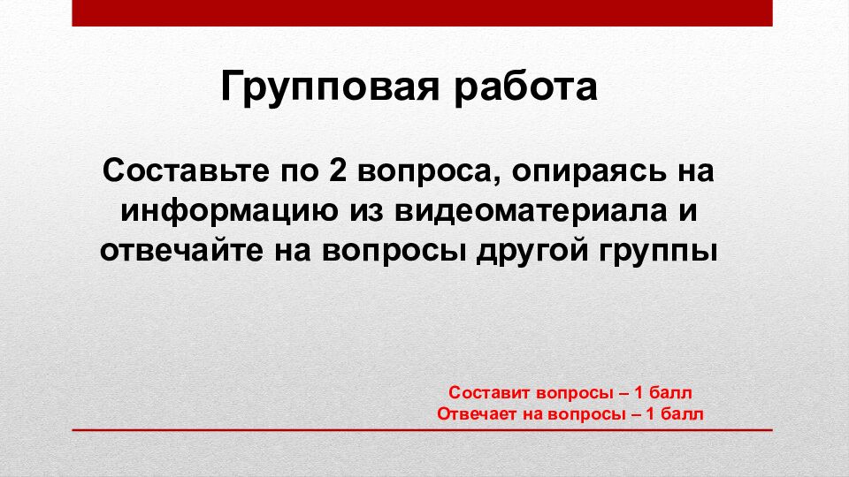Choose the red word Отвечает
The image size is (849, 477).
coord(475,413)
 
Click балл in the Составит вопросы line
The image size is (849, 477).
coord(673,392)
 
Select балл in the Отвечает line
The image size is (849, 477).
coord(684,413)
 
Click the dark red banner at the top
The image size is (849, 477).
coord(422,12)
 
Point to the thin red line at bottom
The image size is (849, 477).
coord(422,430)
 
